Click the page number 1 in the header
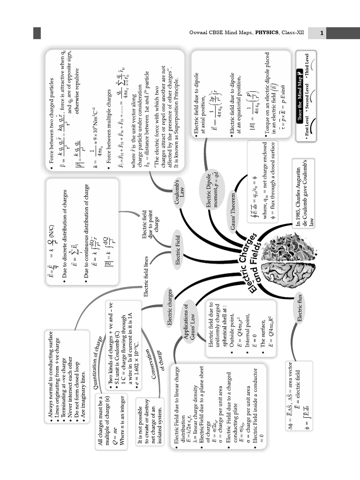point(322,33)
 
